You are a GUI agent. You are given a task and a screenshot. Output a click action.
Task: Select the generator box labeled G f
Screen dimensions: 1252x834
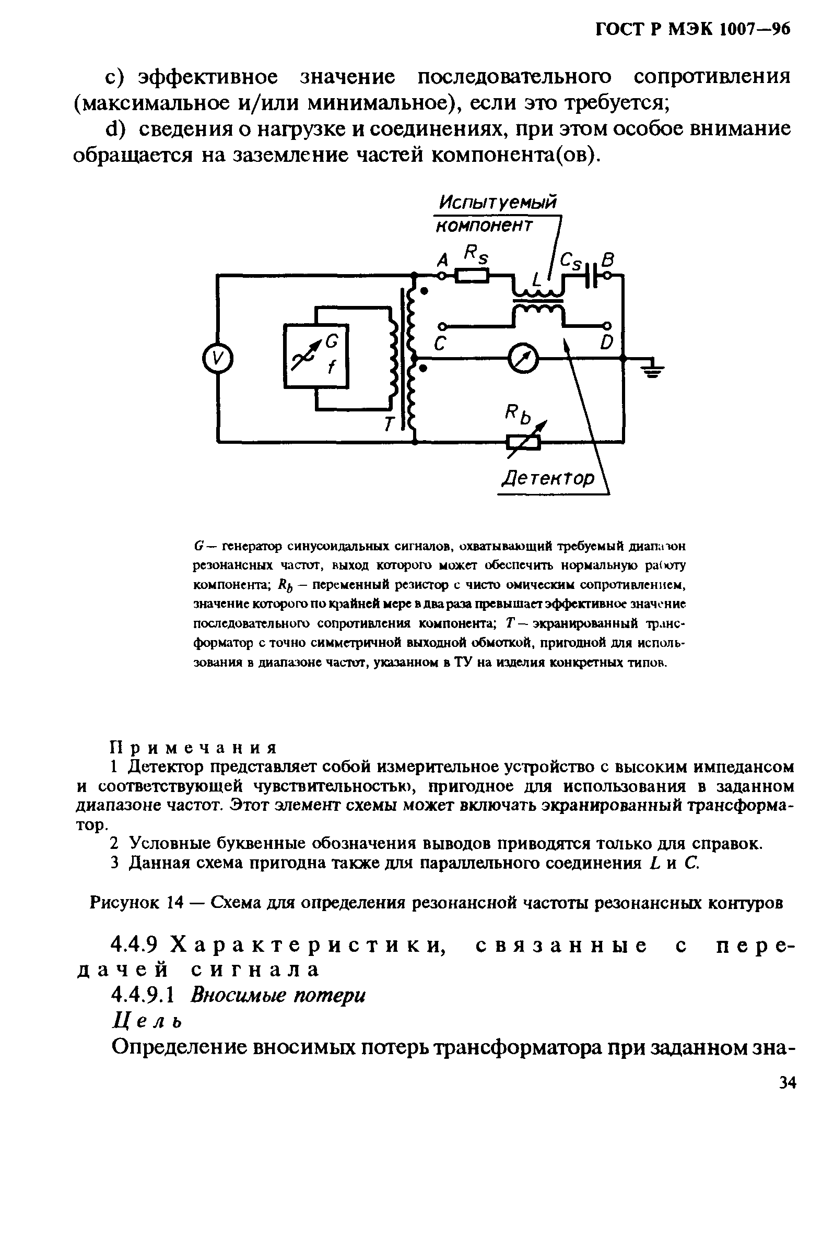(316, 356)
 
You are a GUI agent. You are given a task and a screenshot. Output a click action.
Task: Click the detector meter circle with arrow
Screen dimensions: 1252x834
(523, 360)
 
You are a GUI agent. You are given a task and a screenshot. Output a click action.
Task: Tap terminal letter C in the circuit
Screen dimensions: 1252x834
(439, 346)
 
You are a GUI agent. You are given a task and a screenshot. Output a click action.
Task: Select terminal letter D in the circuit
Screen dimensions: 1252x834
(606, 343)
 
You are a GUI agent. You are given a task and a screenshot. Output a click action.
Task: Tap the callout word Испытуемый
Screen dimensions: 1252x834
(497, 203)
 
